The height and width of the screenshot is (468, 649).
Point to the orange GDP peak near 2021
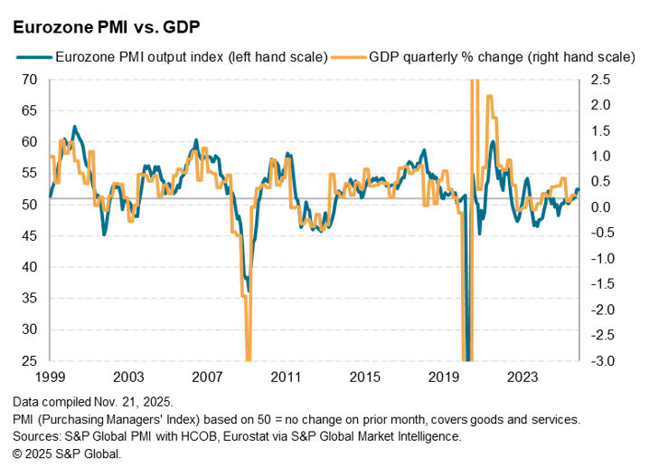click(x=490, y=95)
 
